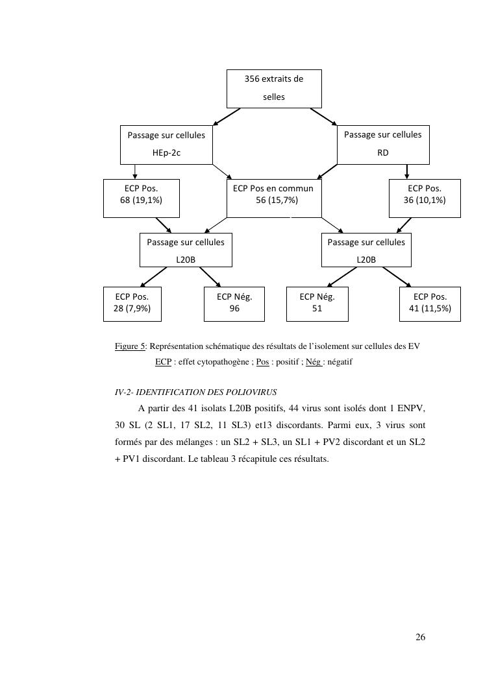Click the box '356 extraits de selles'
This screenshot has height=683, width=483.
pos(274,88)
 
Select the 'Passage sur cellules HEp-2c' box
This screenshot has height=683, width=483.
pos(166,145)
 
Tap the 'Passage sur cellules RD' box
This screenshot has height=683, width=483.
pos(382,145)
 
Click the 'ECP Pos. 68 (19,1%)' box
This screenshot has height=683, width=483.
pos(141,198)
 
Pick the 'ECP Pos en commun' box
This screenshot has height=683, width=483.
pos(273,198)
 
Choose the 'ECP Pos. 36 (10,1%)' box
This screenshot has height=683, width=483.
pos(425,198)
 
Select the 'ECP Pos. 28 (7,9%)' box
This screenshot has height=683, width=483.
pos(132,304)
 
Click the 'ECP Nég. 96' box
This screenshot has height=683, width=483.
pos(234,304)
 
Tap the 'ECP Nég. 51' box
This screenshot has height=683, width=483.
pos(317,304)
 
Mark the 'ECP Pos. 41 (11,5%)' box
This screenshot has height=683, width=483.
pos(430,304)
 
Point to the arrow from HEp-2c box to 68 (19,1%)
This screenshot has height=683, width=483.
pos(134,171)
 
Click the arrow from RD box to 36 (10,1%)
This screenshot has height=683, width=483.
pos(407,171)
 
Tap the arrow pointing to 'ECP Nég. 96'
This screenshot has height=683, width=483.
pos(212,277)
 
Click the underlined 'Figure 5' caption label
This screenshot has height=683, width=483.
pos(130,346)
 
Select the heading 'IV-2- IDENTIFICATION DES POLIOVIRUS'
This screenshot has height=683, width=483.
pos(196,392)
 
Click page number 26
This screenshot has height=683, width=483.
pos(420,637)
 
